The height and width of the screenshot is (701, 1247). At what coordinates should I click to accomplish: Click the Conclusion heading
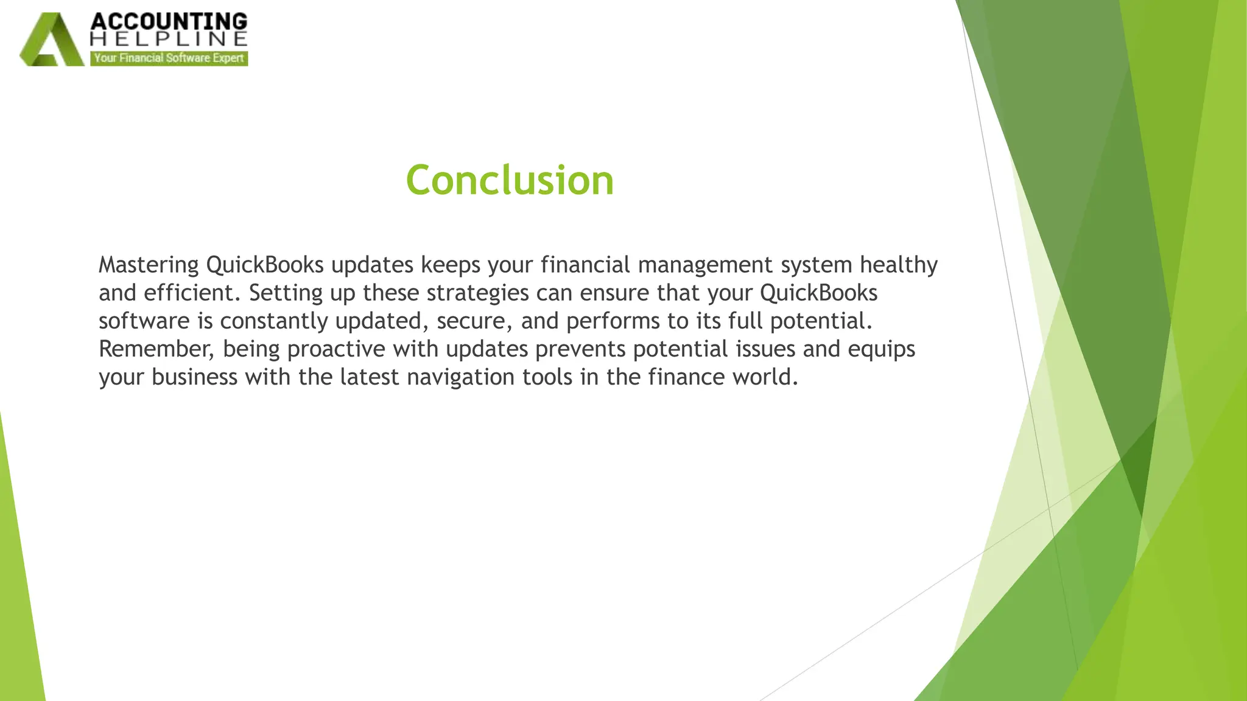click(510, 181)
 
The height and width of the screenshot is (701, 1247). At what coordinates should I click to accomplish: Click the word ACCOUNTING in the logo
click(169, 21)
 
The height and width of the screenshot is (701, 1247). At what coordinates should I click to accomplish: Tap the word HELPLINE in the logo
click(169, 40)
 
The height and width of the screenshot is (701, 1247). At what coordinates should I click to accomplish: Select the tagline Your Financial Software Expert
click(169, 58)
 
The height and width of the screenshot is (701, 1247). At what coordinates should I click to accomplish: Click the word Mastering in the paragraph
click(149, 265)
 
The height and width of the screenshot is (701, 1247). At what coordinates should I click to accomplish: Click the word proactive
click(336, 349)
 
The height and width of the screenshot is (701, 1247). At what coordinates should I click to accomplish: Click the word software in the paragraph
click(144, 321)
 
